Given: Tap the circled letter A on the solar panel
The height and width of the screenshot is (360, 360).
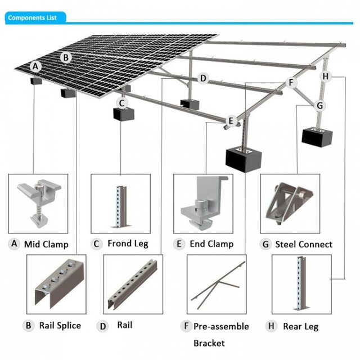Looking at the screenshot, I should coord(36,66).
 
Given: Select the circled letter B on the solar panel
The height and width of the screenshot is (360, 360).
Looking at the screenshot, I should coord(66,57).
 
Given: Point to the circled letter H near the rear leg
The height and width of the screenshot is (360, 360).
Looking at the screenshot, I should coord(327,75).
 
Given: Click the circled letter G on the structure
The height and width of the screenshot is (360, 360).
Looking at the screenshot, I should coord(319,105).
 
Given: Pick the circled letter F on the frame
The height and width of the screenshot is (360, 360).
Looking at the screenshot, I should coord(291,82).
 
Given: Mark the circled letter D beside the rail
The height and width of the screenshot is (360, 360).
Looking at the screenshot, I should coord(203,78).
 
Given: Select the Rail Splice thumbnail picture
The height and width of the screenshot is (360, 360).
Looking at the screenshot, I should coord(56,284).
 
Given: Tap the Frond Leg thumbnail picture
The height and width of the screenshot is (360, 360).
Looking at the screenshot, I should coord(120,204).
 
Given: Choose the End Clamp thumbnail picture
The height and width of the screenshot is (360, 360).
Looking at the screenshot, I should coord(203,204).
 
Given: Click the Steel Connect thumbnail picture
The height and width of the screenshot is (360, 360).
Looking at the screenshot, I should coord(290,204).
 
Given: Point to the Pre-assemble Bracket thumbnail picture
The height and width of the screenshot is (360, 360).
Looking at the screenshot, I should coord(216,284).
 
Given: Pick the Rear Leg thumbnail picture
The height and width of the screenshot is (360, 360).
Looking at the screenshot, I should coord(301,284).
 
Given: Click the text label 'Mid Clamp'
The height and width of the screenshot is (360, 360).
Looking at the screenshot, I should coord(46,244).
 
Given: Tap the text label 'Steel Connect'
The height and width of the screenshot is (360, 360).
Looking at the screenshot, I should coord(304,244).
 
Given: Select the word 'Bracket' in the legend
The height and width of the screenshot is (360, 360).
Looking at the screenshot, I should coord(209,343).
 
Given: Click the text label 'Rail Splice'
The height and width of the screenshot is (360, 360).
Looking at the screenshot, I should coord(60,325).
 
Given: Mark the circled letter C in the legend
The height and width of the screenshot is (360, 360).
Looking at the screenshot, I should coord(97,244).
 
